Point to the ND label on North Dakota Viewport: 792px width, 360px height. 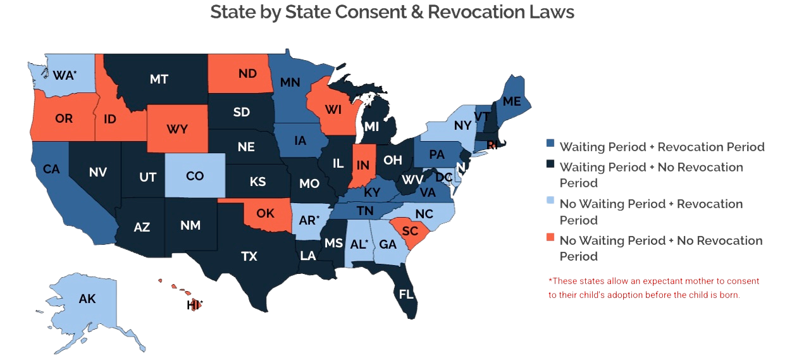(248, 73)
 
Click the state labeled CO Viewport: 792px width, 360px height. (195, 176)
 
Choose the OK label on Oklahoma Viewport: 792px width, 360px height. (266, 213)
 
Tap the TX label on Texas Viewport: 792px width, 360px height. (249, 256)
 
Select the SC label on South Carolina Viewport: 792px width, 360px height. (409, 232)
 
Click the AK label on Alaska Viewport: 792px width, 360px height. (87, 299)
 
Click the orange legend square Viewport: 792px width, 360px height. (550, 238)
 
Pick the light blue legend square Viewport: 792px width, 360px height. (550, 202)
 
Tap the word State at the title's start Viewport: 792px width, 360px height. (231, 11)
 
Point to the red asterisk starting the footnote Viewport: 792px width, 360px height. (550, 279)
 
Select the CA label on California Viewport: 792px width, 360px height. (52, 169)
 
